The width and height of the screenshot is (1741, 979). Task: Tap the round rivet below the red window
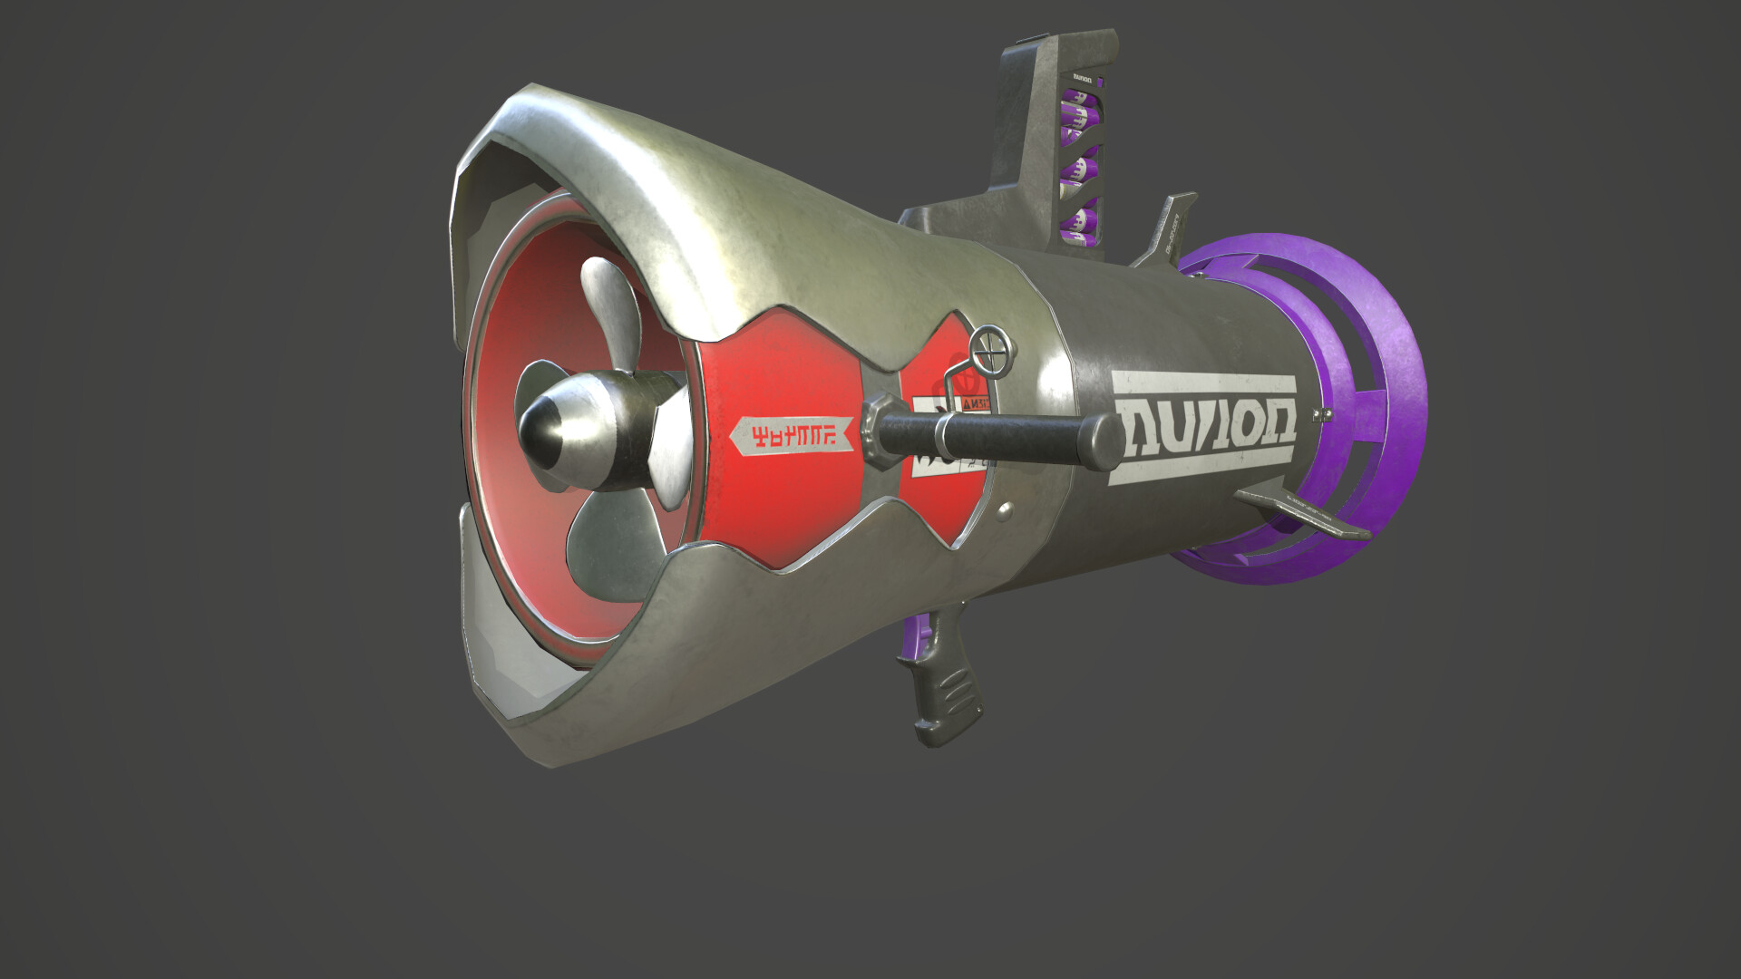pyautogui.click(x=1003, y=513)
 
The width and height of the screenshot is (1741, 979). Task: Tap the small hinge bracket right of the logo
pyautogui.click(x=1323, y=414)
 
